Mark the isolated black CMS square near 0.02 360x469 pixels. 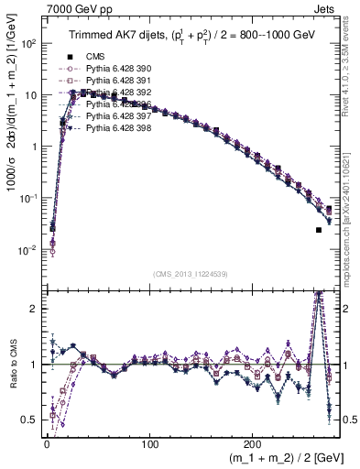click(319, 230)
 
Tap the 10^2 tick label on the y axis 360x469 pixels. click(28, 44)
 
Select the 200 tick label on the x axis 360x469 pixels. click(254, 446)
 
